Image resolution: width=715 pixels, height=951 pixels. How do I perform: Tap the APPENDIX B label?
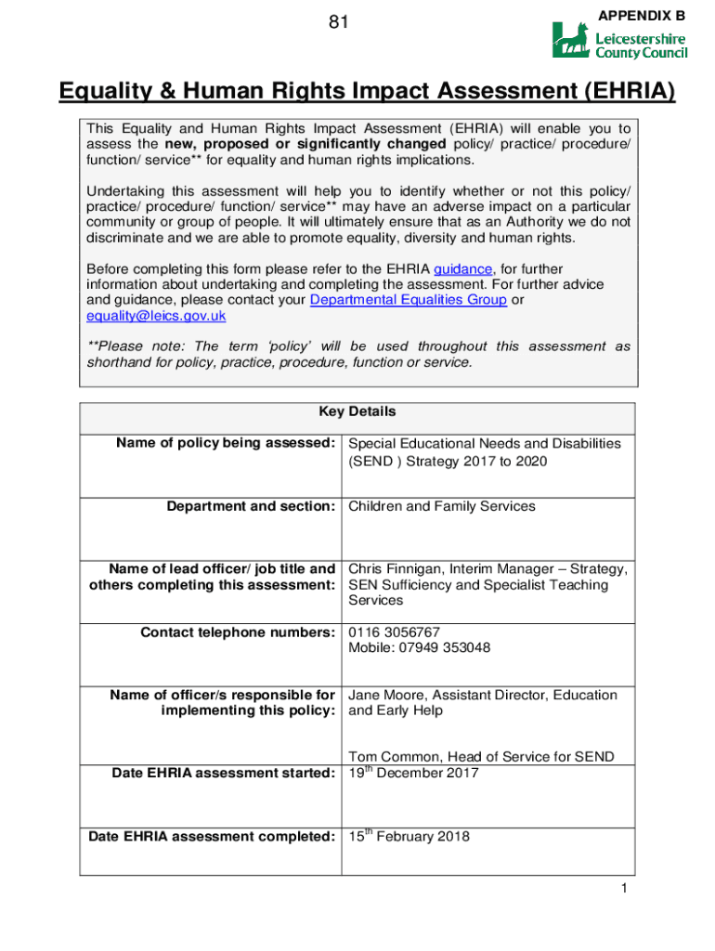[x=642, y=16]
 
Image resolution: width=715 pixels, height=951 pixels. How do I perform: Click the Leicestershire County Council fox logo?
[x=571, y=41]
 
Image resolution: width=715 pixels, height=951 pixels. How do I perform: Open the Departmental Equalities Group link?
[x=408, y=300]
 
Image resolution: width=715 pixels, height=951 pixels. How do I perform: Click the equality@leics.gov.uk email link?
[x=156, y=316]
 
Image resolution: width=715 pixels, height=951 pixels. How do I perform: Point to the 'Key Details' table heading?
[x=357, y=411]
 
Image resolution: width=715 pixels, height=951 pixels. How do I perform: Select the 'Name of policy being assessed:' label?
[x=225, y=444]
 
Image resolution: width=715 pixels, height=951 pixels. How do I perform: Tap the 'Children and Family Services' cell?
[x=441, y=506]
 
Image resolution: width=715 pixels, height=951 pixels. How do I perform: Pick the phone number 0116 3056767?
[x=394, y=632]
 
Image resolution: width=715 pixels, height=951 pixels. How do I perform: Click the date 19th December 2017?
[x=413, y=773]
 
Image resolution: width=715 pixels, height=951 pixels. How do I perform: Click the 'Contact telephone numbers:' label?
[x=237, y=632]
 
